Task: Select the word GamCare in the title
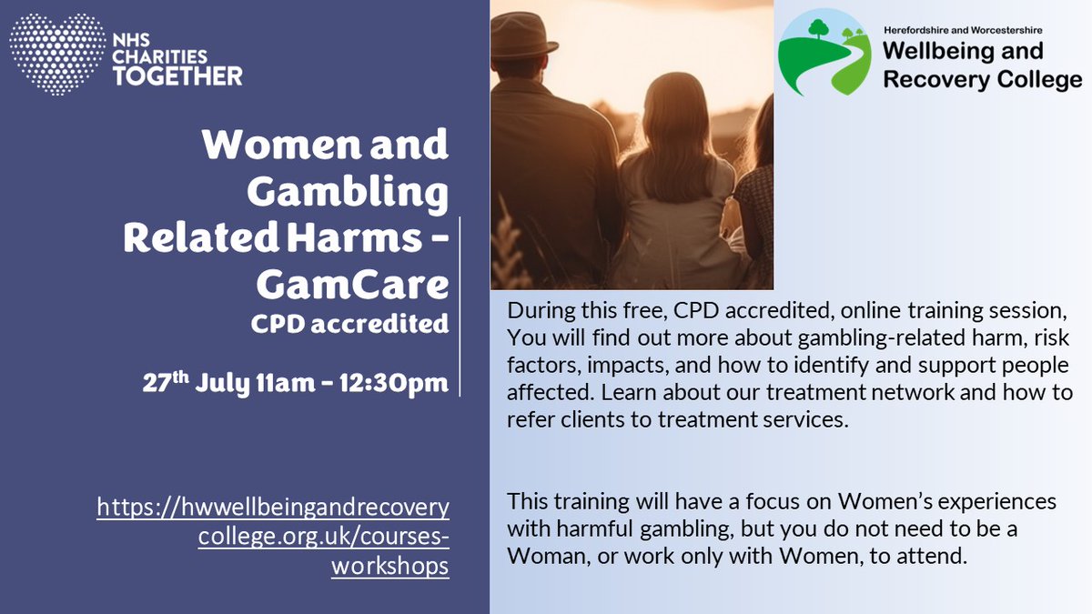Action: pos(352,285)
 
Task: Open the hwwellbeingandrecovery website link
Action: pos(273,506)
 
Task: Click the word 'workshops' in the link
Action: pos(390,566)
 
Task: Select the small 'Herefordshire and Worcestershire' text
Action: pos(969,31)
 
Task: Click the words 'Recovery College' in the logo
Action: pos(982,79)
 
